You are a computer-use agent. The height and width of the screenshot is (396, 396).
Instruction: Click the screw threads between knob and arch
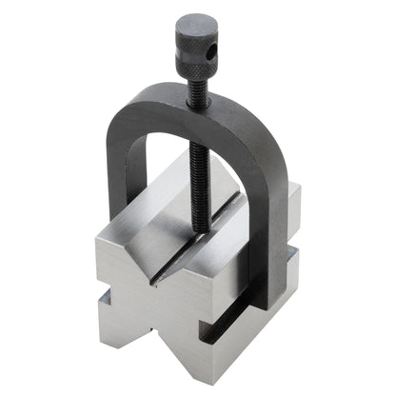coord(198,77)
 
